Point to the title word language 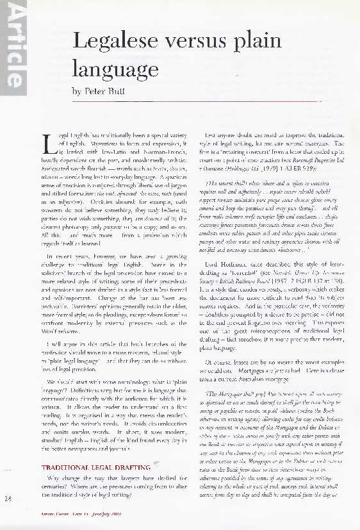116,68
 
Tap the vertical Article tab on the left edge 13,48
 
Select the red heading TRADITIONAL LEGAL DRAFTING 96,468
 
